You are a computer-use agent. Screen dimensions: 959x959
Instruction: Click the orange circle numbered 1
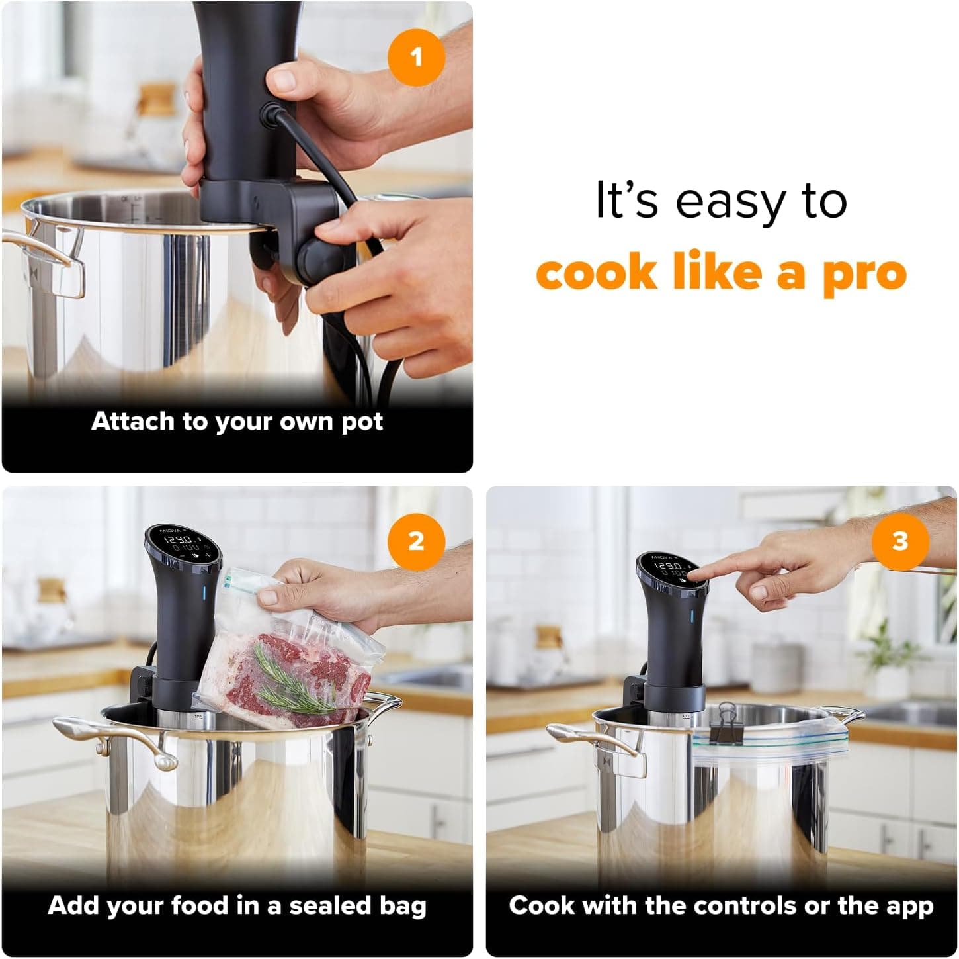point(415,57)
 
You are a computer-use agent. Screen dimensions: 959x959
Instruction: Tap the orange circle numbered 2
point(415,541)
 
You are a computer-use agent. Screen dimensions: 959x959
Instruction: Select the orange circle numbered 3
point(900,541)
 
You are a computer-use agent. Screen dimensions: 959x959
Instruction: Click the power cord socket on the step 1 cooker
point(271,113)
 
